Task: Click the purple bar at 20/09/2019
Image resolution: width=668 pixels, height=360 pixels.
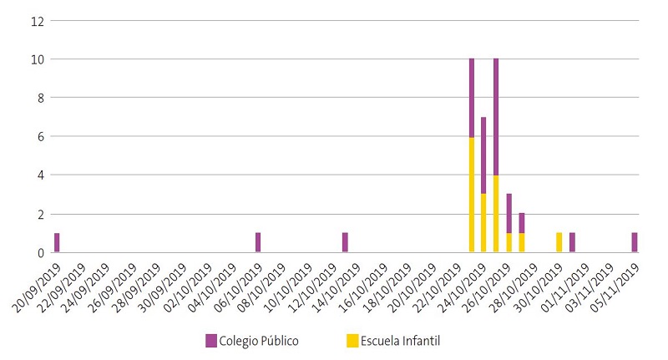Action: click(57, 242)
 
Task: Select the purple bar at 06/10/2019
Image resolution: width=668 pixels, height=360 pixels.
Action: click(258, 242)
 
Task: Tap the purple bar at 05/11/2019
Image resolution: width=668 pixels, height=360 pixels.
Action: click(635, 242)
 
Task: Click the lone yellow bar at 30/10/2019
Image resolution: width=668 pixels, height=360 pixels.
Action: click(559, 242)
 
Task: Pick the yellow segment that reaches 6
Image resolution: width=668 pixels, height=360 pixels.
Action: click(472, 195)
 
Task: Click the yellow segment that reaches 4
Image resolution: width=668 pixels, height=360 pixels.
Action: click(496, 213)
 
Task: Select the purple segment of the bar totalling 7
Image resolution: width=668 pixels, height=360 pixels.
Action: click(483, 155)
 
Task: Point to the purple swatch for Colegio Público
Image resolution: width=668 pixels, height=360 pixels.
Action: click(211, 340)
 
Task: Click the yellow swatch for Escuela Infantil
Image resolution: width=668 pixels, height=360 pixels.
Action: click(351, 340)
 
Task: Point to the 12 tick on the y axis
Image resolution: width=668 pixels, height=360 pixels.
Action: click(36, 21)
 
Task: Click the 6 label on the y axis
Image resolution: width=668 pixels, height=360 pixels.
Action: click(38, 137)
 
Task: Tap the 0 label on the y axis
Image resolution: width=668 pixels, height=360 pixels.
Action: click(38, 252)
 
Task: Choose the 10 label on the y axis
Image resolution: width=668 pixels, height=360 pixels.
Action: click(36, 59)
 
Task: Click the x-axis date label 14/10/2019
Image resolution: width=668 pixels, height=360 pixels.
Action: click(338, 284)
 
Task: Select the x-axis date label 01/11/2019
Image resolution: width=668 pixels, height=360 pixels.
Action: click(564, 284)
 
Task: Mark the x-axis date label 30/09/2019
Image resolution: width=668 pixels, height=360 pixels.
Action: click(163, 284)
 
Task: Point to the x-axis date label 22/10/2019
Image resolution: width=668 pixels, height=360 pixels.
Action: click(438, 284)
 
